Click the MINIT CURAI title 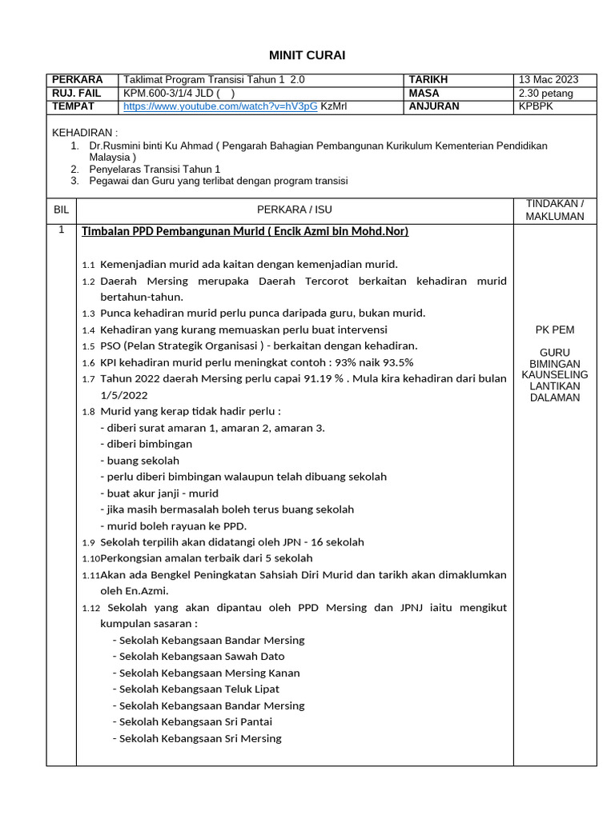click(x=307, y=54)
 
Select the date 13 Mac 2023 click(x=548, y=80)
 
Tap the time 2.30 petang click(x=546, y=93)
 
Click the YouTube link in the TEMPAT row click(x=220, y=106)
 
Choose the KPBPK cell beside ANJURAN click(x=536, y=106)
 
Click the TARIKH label click(x=428, y=80)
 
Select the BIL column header click(x=61, y=210)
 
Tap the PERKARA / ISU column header click(x=294, y=210)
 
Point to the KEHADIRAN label click(x=85, y=132)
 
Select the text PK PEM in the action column click(x=554, y=330)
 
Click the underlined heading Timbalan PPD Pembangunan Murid click(x=245, y=231)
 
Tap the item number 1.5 click(x=88, y=346)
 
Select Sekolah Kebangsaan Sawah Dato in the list click(x=201, y=656)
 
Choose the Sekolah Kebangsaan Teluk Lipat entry click(x=199, y=689)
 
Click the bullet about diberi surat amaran click(x=212, y=428)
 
